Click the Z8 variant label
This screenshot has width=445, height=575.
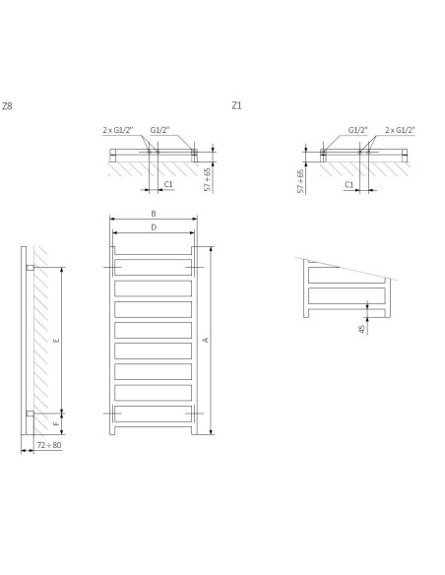pyautogui.click(x=8, y=104)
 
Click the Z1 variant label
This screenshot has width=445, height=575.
pyautogui.click(x=236, y=104)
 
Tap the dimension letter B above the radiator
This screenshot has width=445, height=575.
pyautogui.click(x=153, y=214)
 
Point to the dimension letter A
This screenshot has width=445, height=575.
pyautogui.click(x=205, y=340)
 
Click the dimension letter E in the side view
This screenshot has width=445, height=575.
pyautogui.click(x=56, y=340)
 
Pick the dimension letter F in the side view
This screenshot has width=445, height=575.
pyautogui.click(x=56, y=424)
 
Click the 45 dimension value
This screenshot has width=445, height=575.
pyautogui.click(x=363, y=329)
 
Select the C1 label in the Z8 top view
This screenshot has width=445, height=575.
pyautogui.click(x=168, y=183)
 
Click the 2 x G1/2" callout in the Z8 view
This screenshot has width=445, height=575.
pyautogui.click(x=116, y=129)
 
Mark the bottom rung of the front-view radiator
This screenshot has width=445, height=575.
pyautogui.click(x=153, y=416)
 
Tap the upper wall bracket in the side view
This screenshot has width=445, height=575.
pyautogui.click(x=31, y=268)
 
